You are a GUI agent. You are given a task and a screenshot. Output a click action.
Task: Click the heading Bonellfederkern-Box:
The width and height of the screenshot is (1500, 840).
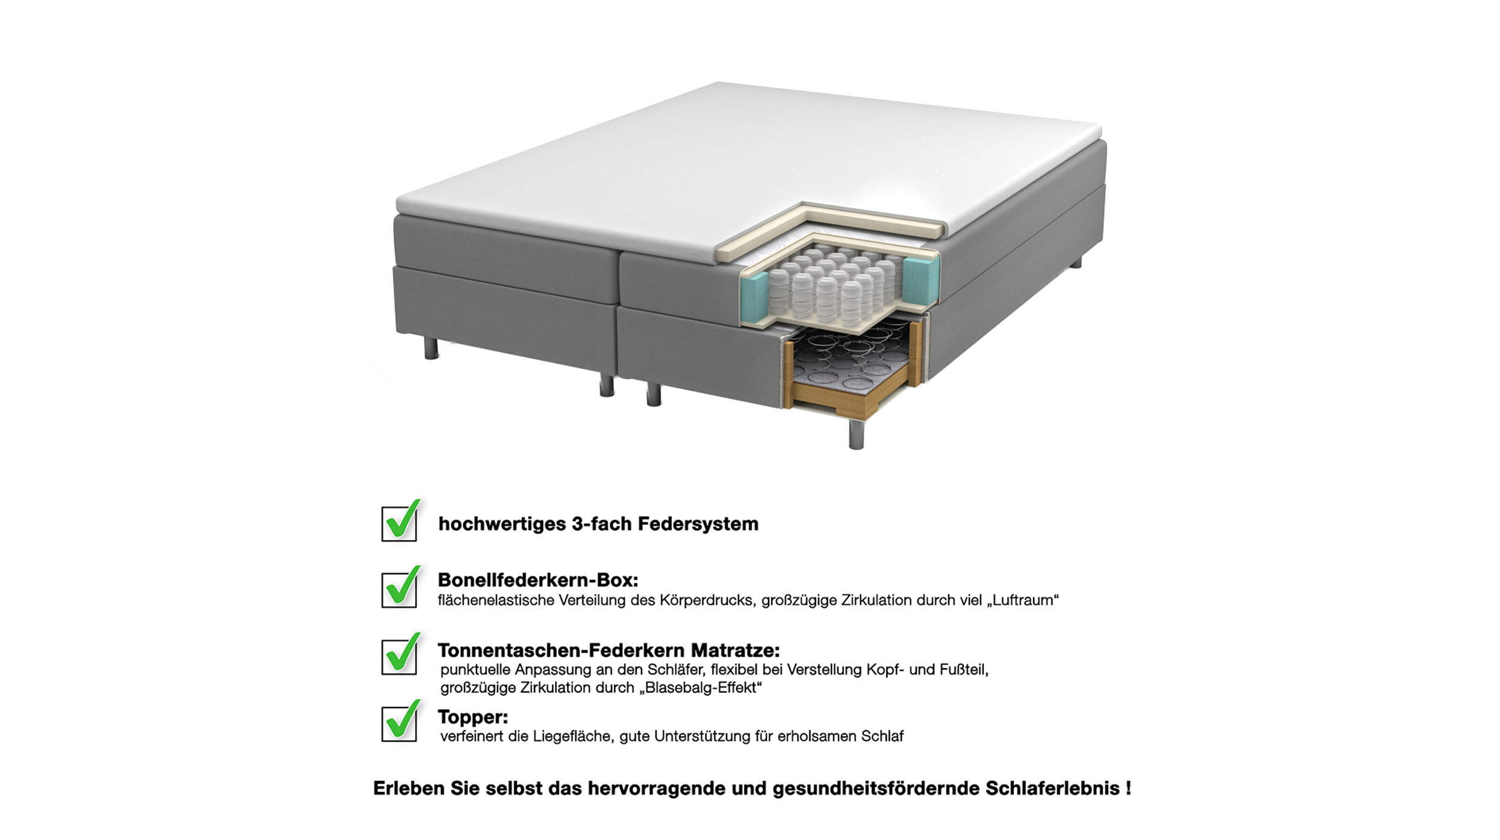tap(538, 580)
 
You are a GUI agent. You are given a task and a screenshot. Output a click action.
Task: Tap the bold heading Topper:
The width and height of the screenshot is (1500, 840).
tap(473, 717)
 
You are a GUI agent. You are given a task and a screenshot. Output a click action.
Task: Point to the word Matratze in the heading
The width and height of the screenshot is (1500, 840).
tap(736, 650)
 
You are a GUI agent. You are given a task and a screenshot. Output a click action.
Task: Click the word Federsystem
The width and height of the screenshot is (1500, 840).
tap(698, 524)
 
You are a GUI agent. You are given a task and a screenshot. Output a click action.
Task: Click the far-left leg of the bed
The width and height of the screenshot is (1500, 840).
tap(431, 348)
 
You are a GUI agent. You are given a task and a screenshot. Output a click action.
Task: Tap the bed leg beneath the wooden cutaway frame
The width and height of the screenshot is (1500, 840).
tap(856, 434)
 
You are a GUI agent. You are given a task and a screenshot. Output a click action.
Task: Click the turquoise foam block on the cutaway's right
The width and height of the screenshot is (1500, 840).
tap(920, 281)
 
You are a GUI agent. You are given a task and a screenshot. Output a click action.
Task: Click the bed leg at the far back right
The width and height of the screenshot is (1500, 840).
tap(1076, 262)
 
